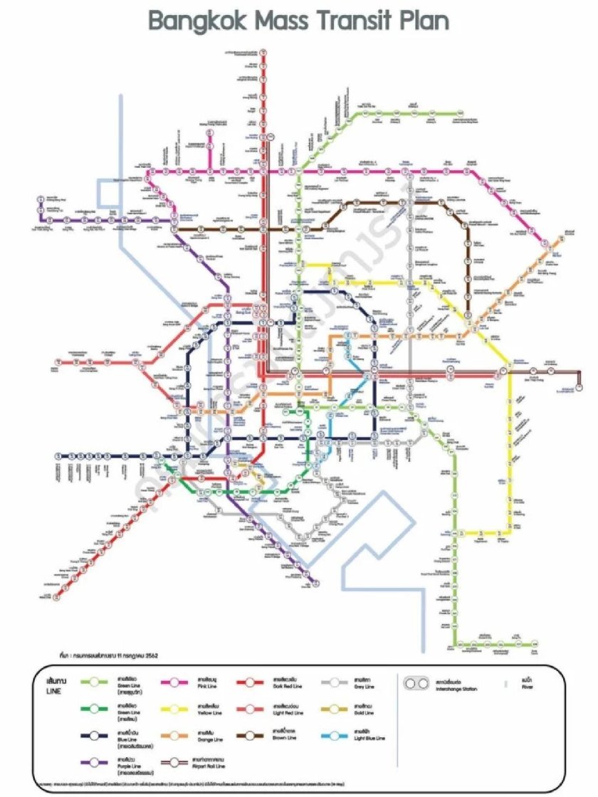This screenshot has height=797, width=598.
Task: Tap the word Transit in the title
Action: [356, 21]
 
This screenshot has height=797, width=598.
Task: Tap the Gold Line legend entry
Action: [367, 709]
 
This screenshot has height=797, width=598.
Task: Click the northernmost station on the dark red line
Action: [263, 52]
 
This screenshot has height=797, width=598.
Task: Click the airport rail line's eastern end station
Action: [580, 388]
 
